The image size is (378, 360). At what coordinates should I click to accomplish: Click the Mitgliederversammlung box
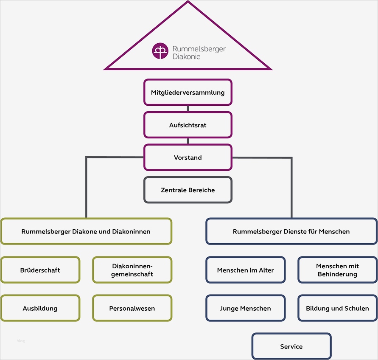pos(188,92)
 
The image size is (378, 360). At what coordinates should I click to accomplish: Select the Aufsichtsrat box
pos(188,125)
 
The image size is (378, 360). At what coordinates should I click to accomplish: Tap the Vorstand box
pos(188,157)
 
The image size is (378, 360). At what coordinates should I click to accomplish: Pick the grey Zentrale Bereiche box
pos(188,190)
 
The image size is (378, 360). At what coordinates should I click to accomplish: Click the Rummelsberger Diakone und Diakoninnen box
pos(86,231)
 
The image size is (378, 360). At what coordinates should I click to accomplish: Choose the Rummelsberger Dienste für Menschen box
pos(291,231)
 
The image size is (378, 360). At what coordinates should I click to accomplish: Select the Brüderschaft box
pos(40,270)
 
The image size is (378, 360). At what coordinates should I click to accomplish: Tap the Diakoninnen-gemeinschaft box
pos(132,270)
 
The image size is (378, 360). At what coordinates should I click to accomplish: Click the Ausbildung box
pos(40,308)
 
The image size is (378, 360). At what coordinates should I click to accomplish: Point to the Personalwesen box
pos(132,308)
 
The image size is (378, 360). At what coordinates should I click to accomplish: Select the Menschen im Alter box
pos(245,270)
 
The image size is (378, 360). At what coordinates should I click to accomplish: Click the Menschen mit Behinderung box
pos(337,270)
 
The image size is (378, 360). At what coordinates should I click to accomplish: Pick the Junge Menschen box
pos(245,308)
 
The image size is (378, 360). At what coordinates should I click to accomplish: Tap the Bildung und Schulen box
pos(337,308)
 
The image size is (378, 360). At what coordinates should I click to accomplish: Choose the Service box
pos(291,346)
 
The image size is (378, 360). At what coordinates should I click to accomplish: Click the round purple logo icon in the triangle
pos(160,51)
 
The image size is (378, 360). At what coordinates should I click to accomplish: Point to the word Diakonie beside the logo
pos(187,56)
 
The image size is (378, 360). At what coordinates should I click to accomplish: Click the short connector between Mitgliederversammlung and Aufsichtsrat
pos(188,109)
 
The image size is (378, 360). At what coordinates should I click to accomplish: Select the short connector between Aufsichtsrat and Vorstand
pos(188,141)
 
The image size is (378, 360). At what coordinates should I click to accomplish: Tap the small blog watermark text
pos(21,340)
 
